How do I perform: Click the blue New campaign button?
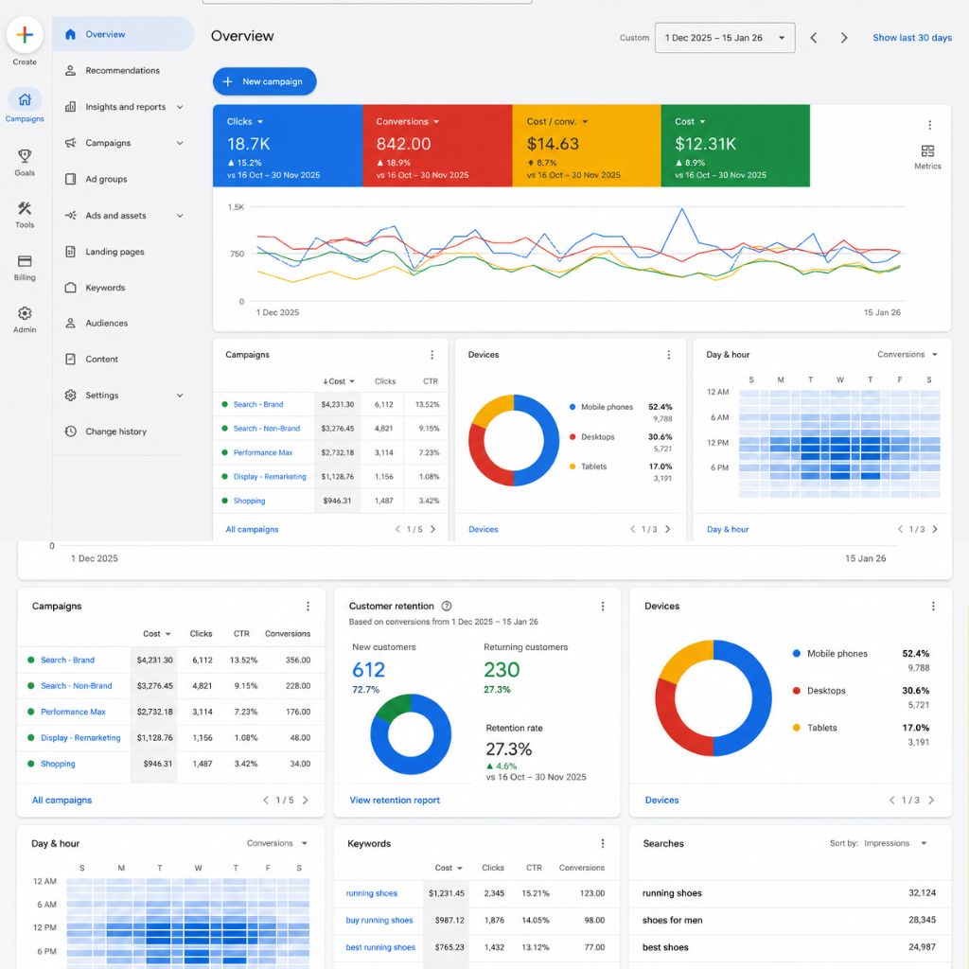(x=265, y=81)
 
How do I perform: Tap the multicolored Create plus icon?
(x=25, y=35)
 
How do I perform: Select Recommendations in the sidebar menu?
(x=122, y=70)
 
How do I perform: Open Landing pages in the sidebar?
(x=115, y=252)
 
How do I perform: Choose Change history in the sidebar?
(x=116, y=432)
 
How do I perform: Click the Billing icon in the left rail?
(x=25, y=261)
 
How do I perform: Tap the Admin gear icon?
(x=25, y=313)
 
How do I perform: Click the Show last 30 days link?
(x=912, y=38)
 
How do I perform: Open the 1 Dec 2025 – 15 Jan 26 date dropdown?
(x=725, y=38)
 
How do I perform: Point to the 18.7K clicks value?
(x=249, y=144)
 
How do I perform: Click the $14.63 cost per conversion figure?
(x=553, y=144)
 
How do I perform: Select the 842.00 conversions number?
(x=403, y=144)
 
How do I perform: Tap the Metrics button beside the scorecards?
(x=927, y=156)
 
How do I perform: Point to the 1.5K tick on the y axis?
(x=236, y=207)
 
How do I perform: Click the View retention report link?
(x=395, y=801)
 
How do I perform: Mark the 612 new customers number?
(x=368, y=670)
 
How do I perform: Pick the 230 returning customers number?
(x=502, y=670)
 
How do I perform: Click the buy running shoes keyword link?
(x=379, y=920)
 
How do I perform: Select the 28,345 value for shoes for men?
(x=922, y=920)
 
